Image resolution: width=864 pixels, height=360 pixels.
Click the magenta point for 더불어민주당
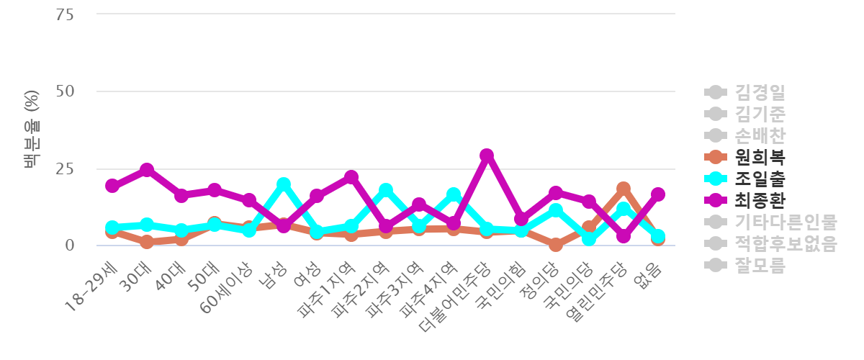coord(487,155)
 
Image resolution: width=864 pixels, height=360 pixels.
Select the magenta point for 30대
coord(146,170)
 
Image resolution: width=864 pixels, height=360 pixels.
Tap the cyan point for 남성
coord(283,184)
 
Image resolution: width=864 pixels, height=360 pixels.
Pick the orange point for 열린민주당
coord(624,189)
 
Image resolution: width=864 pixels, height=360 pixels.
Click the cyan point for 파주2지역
coord(385,190)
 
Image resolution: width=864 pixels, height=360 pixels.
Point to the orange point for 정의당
coord(555,245)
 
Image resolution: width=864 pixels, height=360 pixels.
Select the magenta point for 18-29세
coord(112,186)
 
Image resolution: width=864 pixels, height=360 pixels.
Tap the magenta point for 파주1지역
coord(351,176)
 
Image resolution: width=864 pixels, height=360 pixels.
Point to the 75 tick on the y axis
coord(66,14)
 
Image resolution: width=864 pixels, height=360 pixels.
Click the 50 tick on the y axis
coord(66,91)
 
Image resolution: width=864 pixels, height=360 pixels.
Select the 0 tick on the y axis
coord(70,246)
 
